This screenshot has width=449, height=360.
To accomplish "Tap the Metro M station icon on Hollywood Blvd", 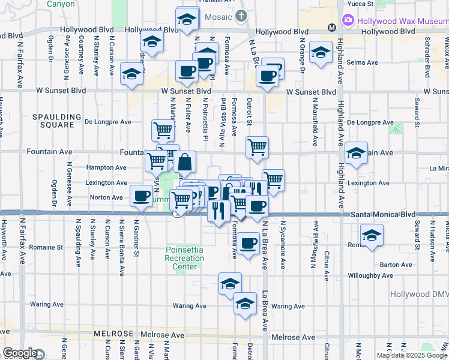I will [x=331, y=27].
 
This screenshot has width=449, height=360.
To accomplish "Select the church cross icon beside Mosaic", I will [x=241, y=16].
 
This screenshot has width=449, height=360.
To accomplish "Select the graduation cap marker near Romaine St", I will [x=372, y=235].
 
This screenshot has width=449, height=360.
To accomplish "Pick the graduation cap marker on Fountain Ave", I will [x=356, y=152].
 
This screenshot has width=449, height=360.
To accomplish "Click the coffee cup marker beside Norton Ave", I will [x=142, y=196].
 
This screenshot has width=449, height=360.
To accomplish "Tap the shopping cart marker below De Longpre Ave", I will [x=163, y=130].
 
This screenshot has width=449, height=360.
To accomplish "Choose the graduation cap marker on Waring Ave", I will [x=245, y=304].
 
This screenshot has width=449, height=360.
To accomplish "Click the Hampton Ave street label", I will [x=107, y=168].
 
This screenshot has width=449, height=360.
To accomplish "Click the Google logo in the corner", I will [x=20, y=353].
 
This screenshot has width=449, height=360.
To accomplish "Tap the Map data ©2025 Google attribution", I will [x=412, y=355].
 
